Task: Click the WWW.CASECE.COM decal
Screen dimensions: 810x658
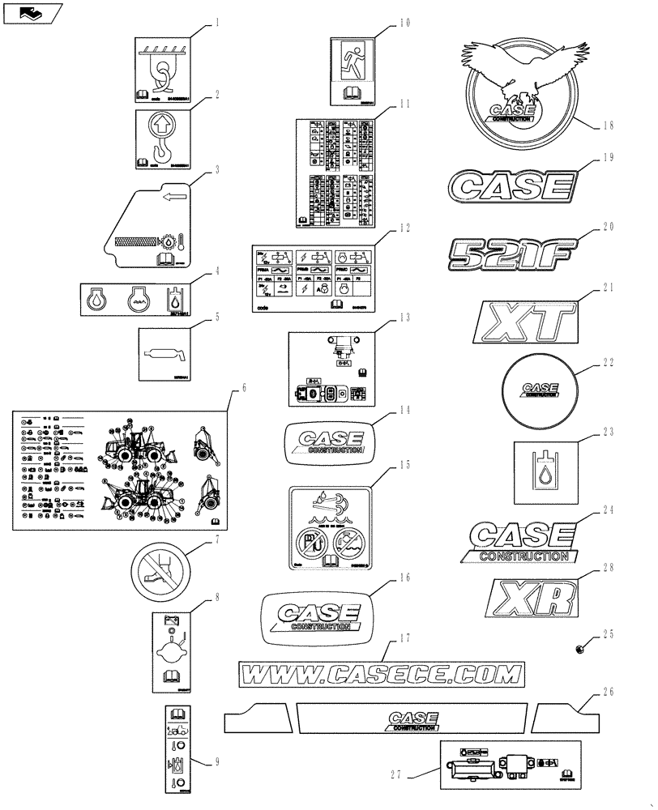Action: click(x=381, y=673)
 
